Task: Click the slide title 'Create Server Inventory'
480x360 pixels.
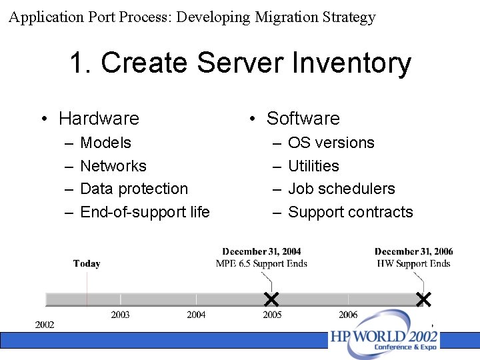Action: (240, 63)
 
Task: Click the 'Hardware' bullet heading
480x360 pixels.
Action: (99, 119)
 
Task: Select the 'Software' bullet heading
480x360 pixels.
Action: (303, 119)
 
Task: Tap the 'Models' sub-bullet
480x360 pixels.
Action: (105, 143)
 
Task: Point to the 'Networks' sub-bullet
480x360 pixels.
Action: (113, 166)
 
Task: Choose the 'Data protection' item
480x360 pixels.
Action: (133, 189)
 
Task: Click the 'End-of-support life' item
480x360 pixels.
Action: (145, 212)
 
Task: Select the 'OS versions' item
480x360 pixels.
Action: (331, 143)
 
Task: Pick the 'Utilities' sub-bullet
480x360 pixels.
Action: (313, 166)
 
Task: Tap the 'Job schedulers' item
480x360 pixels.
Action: (341, 189)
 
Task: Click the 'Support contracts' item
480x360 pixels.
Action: (350, 212)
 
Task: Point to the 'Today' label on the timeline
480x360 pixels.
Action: (87, 264)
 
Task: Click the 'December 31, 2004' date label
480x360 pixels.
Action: (261, 252)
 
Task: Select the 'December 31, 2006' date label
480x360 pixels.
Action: (413, 252)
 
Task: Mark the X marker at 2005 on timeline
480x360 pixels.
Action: (271, 298)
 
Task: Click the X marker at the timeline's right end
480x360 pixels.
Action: (423, 299)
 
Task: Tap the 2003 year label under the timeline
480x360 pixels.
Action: (120, 315)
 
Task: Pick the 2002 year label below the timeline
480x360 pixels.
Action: (45, 325)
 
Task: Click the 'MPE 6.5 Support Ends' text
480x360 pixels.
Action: (261, 263)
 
